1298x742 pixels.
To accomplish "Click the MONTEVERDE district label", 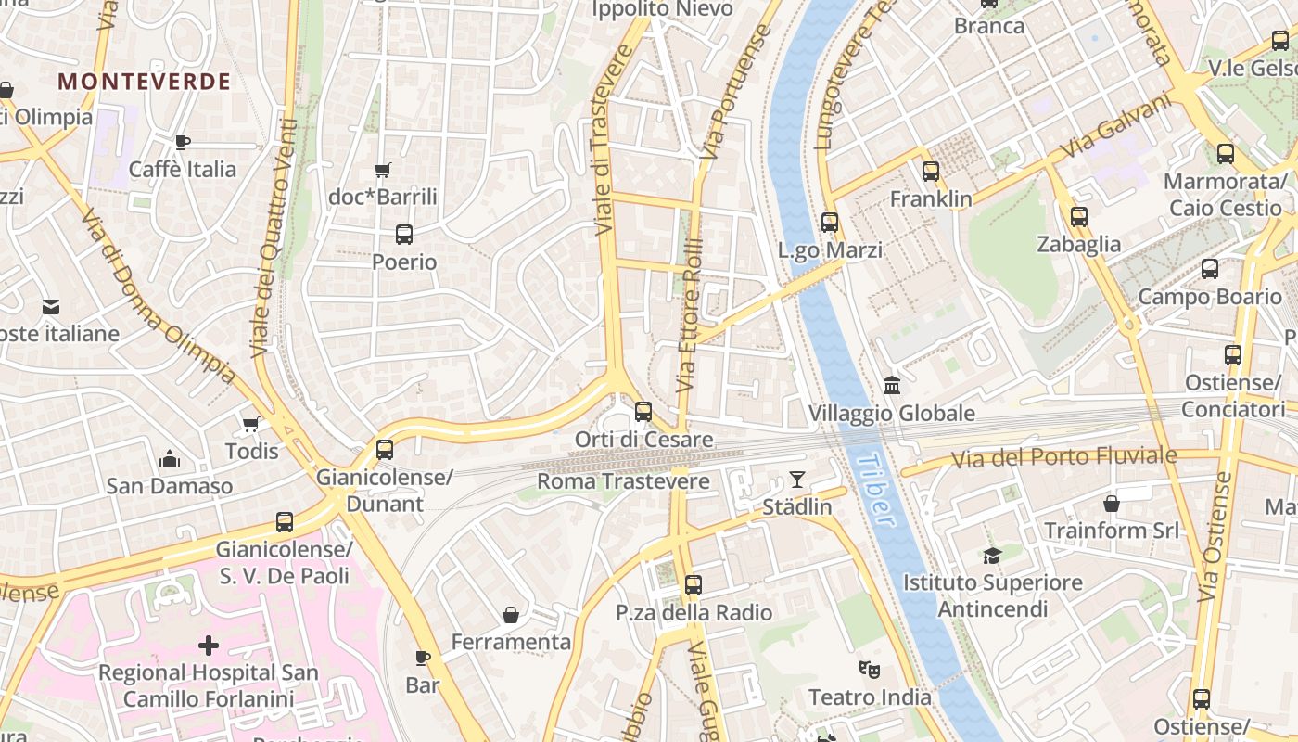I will coord(144,82).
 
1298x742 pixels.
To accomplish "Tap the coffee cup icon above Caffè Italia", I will coord(183,142).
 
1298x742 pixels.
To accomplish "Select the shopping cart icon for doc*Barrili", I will coord(382,170).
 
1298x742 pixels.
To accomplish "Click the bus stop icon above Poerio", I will coord(404,235).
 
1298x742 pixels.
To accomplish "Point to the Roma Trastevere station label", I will coord(623,481).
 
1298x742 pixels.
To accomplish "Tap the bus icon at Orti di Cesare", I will coord(643,412).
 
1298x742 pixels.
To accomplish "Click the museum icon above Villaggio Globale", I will coord(892,385).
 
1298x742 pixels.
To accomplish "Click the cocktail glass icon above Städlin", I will coord(797,480).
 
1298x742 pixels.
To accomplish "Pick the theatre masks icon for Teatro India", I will coord(869,669).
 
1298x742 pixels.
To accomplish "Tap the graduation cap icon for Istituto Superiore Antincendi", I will coord(993,556).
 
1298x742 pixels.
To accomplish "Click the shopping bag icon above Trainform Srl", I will coord(1112,504).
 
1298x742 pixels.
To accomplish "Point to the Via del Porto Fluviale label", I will coord(1063,456).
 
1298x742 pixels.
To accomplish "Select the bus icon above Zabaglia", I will coord(1079,217).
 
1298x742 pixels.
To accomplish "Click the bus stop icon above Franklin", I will coord(931,172).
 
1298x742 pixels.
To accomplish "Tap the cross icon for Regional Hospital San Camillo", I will coord(209,645).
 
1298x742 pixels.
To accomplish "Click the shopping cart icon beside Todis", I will coord(250,424).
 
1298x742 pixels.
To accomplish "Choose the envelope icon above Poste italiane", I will coord(51,306).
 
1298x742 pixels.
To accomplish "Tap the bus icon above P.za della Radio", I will coord(694,585).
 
